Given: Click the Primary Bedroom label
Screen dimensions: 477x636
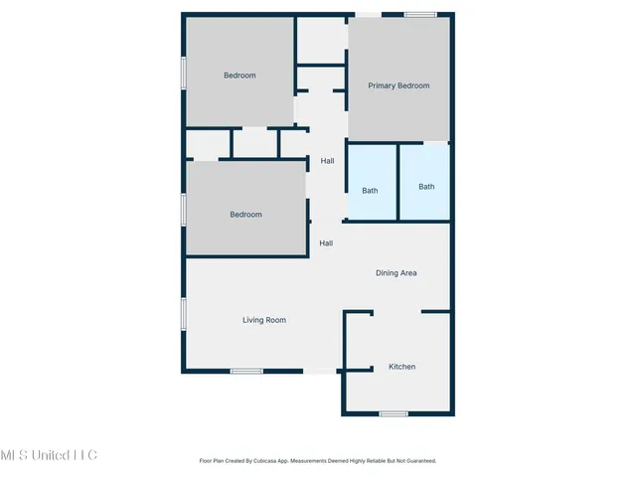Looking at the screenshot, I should tap(398, 86).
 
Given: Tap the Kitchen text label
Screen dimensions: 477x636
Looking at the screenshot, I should tap(401, 367).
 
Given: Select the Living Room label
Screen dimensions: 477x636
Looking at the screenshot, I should tap(264, 320).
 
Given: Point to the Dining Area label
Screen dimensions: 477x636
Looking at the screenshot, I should tap(396, 272).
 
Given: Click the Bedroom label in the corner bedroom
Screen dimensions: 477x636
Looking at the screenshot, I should tap(239, 76).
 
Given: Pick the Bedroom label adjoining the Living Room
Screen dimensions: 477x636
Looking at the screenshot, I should tap(245, 215).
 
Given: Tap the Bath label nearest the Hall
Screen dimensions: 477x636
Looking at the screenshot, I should tap(370, 190).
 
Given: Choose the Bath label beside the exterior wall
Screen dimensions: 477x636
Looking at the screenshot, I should tap(426, 187).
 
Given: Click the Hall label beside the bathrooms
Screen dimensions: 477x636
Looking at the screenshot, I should tap(327, 160).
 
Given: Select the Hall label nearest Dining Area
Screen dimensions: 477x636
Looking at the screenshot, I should tap(326, 242).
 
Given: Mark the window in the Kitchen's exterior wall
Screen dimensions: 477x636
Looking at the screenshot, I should tap(394, 413).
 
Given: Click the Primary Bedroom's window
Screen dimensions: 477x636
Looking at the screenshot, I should tap(419, 14).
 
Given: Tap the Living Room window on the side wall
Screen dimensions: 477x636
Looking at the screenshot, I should tap(183, 313).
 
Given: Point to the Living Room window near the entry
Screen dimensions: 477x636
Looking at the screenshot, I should tap(245, 372).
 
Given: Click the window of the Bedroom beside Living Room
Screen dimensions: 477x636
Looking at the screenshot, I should tap(183, 211).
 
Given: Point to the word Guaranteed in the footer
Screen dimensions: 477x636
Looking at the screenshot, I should tap(418, 461).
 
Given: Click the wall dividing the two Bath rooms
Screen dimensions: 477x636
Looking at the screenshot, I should tap(398, 182).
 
